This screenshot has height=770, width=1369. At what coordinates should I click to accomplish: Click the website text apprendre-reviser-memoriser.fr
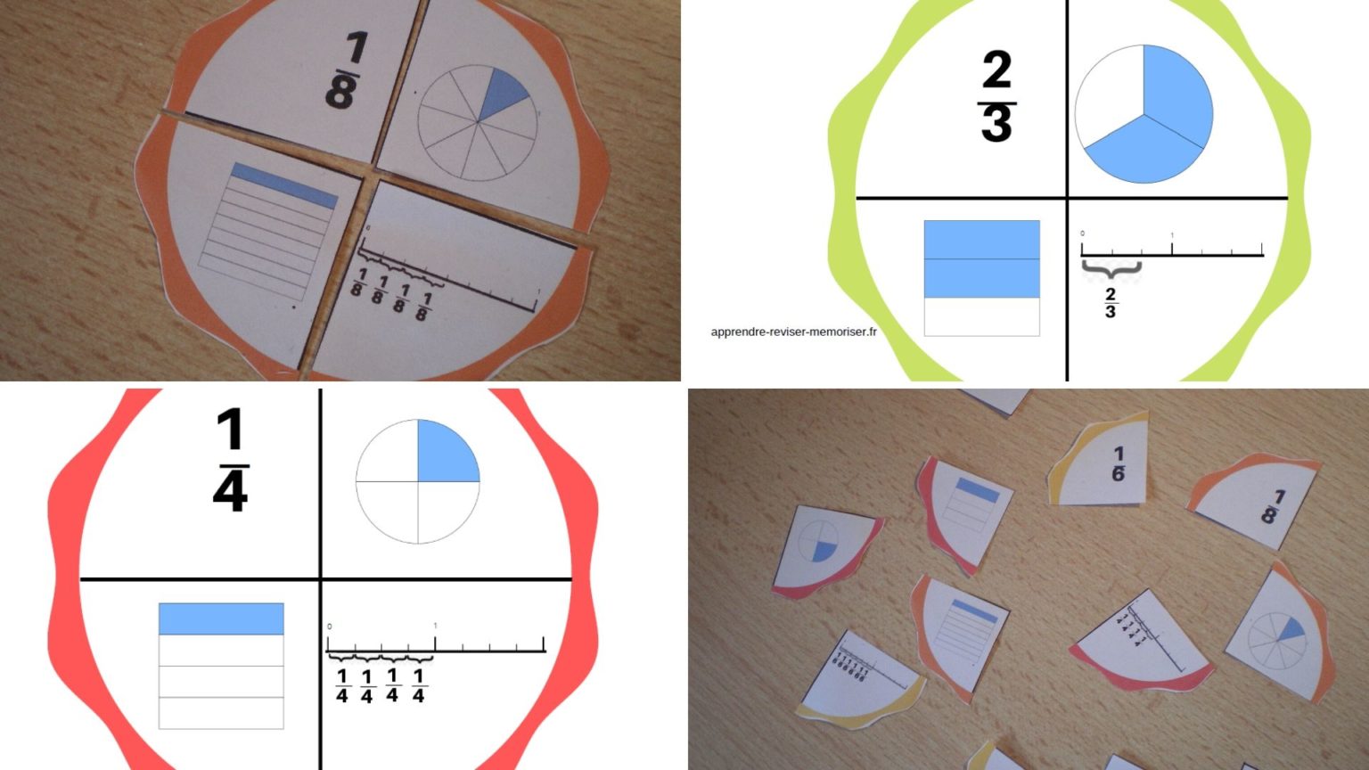793,332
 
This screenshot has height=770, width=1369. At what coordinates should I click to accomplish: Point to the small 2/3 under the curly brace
1111,303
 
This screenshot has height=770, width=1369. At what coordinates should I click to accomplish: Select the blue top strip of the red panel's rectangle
221,618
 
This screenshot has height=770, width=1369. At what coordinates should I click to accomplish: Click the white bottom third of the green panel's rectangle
981,316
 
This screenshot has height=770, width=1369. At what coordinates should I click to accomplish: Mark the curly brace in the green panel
1111,266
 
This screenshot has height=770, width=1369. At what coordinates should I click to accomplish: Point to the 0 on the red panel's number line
329,627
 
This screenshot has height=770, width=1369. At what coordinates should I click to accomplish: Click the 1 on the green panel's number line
1172,236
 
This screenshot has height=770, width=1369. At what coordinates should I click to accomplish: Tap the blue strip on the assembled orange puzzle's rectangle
284,184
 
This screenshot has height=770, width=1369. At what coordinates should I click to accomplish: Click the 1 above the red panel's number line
435,627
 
